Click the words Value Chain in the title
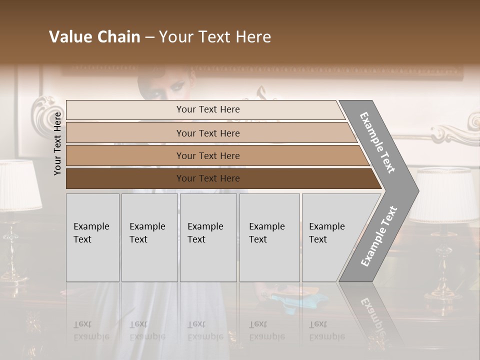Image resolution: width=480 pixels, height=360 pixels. (94, 37)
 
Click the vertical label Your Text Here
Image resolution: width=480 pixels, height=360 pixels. (57, 143)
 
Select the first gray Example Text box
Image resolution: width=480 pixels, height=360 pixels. (92, 237)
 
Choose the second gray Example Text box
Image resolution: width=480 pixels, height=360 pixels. (149, 237)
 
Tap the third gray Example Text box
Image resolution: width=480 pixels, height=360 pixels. (208, 237)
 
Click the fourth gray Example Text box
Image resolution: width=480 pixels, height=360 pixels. (269, 237)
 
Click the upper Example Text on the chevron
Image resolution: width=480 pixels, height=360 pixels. (378, 142)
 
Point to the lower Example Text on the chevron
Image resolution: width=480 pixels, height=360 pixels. (379, 236)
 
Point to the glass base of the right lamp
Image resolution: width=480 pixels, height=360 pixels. (443, 265)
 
